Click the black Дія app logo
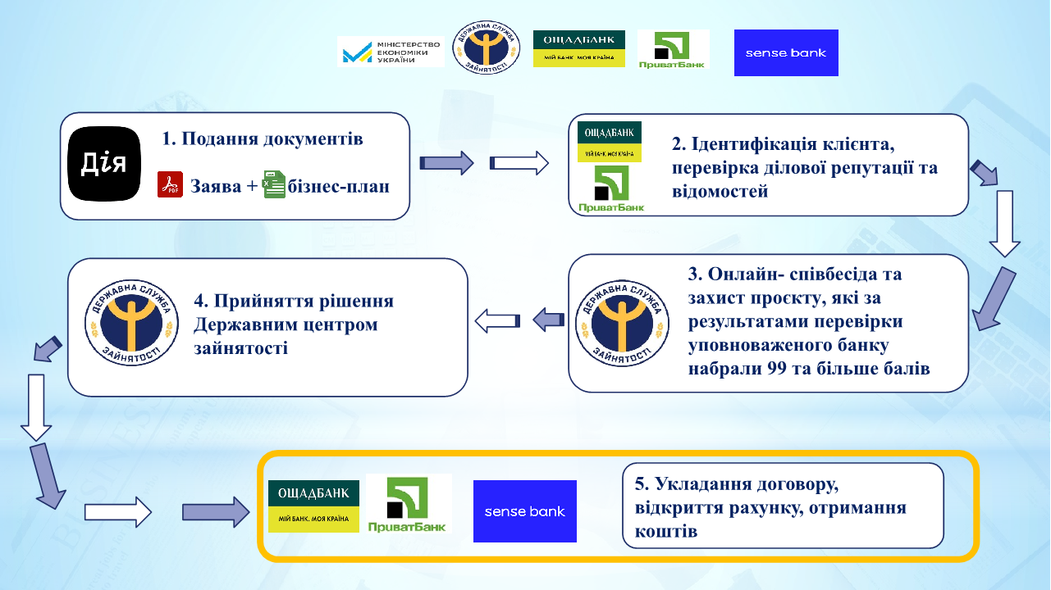click(104, 164)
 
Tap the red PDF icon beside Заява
click(170, 185)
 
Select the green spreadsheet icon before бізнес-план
click(273, 185)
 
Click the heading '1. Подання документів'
click(263, 138)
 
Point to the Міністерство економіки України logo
click(391, 51)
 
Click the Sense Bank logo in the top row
click(786, 52)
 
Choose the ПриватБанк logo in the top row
click(673, 50)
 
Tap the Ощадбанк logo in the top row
click(578, 49)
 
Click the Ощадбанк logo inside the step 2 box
click(610, 142)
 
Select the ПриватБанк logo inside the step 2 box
click(610, 188)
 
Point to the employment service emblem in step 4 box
click(131, 326)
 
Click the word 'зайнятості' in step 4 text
click(240, 348)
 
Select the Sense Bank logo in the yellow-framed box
click(524, 511)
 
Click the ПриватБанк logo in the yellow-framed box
click(409, 504)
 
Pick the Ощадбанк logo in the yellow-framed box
click(313, 506)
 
